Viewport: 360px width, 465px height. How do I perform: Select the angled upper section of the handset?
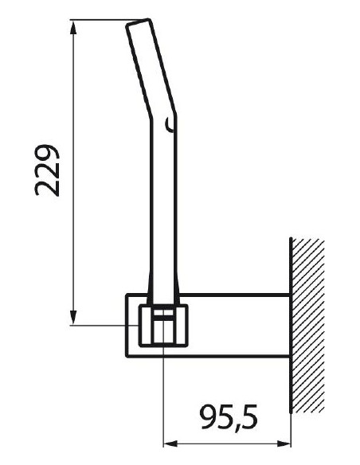click(150, 68)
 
